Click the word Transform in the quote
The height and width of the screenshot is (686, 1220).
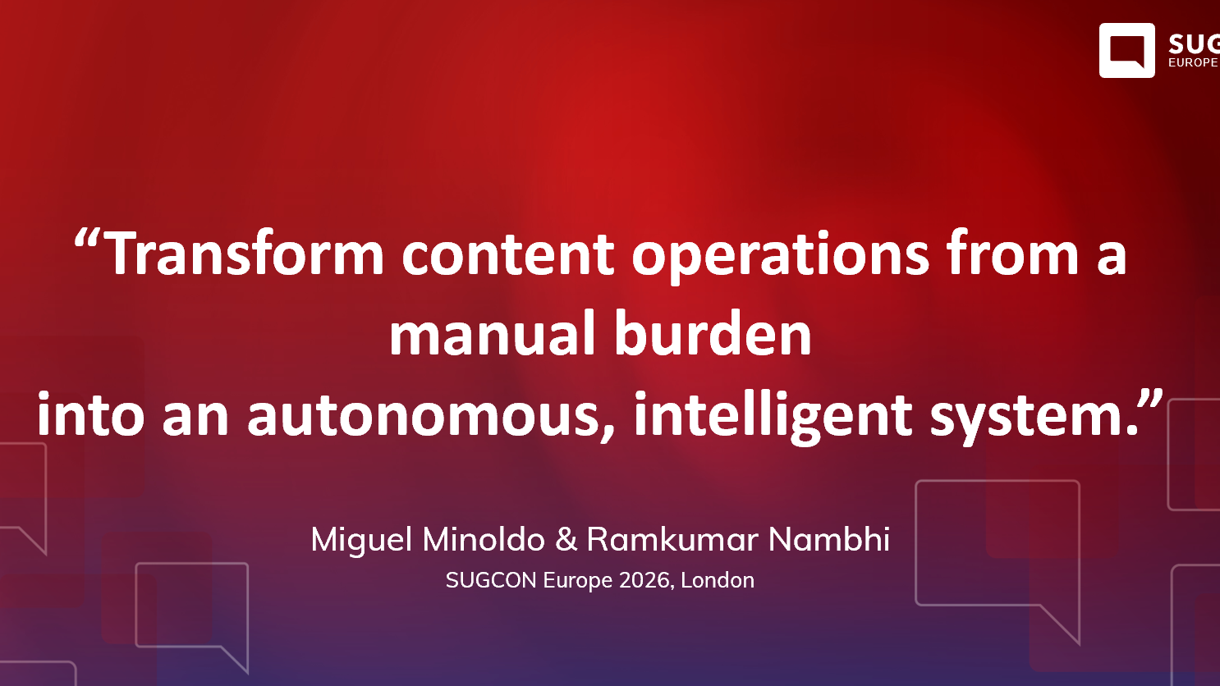(245, 254)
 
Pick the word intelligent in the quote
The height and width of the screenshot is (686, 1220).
(773, 415)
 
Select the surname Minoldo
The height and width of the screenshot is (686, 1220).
(484, 540)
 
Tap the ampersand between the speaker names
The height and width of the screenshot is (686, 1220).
(566, 540)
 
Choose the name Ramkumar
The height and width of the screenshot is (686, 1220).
(672, 540)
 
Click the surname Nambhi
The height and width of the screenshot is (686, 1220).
(829, 540)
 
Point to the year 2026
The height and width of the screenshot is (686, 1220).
(646, 580)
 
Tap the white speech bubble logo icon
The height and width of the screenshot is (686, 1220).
(1126, 50)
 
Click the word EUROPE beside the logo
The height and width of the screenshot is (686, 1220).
(1193, 63)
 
